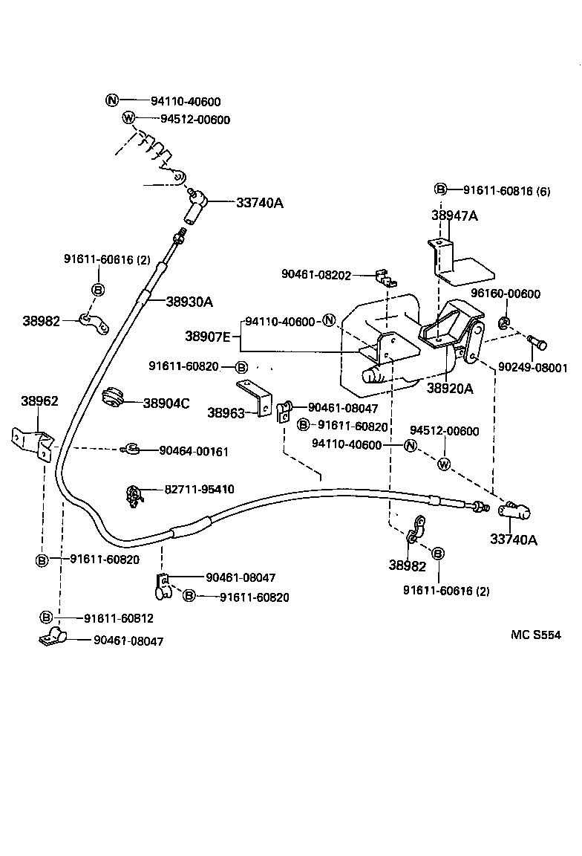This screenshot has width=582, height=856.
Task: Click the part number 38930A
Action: (x=189, y=302)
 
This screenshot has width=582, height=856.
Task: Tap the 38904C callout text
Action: (x=166, y=403)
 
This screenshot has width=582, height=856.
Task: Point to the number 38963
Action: (x=226, y=412)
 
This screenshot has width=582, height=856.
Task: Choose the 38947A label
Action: (x=454, y=215)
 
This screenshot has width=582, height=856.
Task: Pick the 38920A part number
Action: (x=449, y=387)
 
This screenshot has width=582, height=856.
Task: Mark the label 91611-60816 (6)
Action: (x=507, y=190)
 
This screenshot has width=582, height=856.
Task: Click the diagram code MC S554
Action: (x=535, y=635)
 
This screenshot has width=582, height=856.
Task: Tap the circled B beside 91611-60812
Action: (x=46, y=617)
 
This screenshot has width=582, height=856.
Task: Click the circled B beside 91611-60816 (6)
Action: (x=440, y=190)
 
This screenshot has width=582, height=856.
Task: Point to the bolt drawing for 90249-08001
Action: (x=538, y=343)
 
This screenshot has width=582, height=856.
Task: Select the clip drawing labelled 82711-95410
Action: (x=134, y=495)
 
